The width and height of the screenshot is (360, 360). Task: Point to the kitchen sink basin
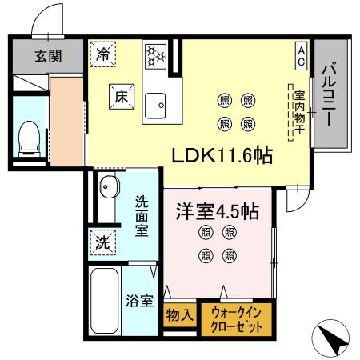tap(155, 103)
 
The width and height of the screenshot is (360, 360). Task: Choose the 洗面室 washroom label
tap(142, 216)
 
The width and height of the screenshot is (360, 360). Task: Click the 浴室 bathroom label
tap(140, 301)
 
